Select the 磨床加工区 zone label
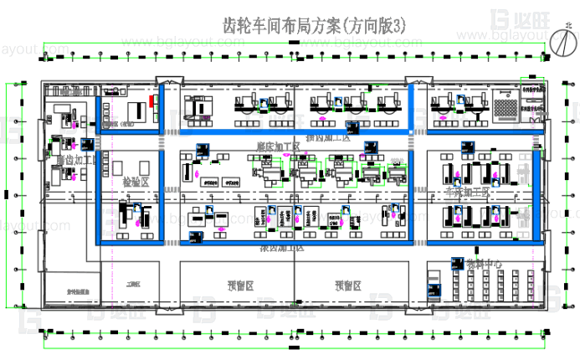[278, 147]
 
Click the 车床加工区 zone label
[467, 192]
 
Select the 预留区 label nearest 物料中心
[350, 285]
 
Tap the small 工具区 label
[131, 285]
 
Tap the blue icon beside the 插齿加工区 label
[352, 127]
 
